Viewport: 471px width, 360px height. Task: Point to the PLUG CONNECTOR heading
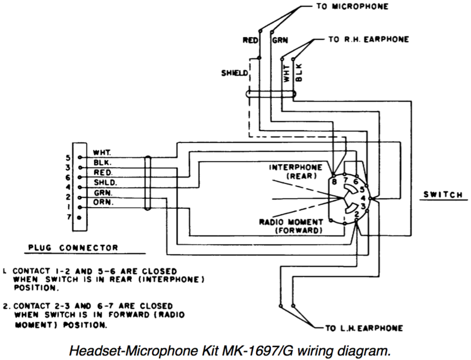(73, 248)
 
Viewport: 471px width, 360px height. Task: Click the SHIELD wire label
(234, 74)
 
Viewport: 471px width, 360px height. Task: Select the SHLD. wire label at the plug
(104, 182)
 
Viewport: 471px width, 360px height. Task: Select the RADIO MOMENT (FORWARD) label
(291, 226)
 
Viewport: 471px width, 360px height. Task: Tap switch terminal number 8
(334, 182)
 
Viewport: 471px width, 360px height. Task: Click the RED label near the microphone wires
(251, 41)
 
